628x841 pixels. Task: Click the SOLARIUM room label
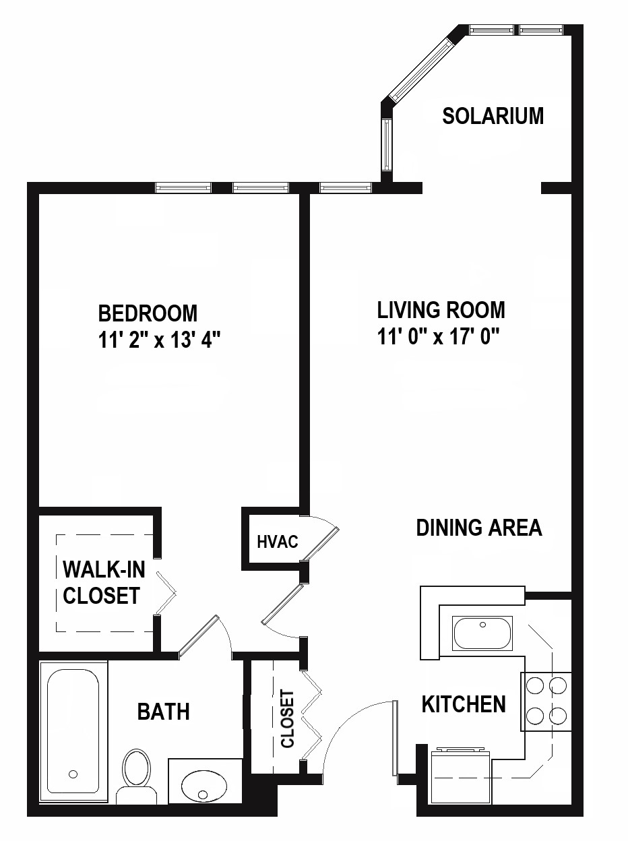click(x=493, y=116)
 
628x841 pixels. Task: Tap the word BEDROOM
click(x=148, y=313)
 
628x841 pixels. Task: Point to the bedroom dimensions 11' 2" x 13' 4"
click(x=160, y=340)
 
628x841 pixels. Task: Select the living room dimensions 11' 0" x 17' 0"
click(x=439, y=337)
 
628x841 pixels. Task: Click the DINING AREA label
click(x=479, y=528)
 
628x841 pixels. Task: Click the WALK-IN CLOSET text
click(x=104, y=582)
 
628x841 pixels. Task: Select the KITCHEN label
click(x=464, y=704)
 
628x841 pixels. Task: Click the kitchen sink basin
click(x=482, y=633)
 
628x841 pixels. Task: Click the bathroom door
click(x=198, y=637)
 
